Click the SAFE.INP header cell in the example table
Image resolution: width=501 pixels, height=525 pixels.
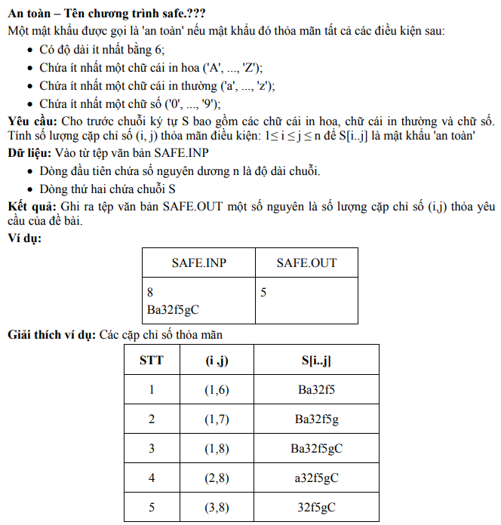(x=198, y=262)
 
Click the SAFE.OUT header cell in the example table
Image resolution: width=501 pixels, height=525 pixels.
(x=306, y=262)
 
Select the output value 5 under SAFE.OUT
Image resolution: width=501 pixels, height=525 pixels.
(x=263, y=292)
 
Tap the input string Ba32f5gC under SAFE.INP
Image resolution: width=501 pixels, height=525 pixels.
(x=174, y=309)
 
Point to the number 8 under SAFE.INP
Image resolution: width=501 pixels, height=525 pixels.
(x=151, y=292)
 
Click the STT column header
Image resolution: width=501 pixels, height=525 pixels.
(x=151, y=360)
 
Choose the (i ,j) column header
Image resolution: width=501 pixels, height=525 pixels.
(x=217, y=360)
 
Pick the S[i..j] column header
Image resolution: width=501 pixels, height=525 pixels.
(x=316, y=360)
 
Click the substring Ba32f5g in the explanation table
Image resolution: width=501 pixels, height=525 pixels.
(x=316, y=419)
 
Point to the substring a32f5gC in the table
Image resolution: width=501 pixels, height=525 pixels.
(x=316, y=477)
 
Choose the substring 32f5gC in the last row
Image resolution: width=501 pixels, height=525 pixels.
(x=316, y=507)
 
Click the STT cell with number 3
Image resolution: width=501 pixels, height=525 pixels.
(x=151, y=448)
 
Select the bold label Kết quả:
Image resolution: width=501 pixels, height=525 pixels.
(x=31, y=205)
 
